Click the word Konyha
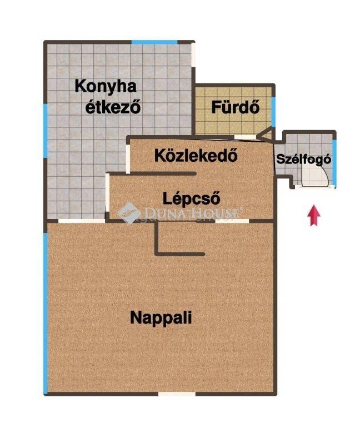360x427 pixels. point(106,86)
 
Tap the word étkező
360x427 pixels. point(113,107)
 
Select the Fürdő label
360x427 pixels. point(236,107)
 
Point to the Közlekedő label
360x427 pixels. point(196,155)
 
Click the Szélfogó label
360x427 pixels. point(304,159)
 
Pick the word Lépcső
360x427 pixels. point(191,198)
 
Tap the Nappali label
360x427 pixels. point(161,317)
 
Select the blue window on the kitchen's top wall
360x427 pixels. point(154,42)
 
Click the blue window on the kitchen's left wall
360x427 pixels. point(45,131)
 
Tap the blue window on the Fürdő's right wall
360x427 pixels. point(273,112)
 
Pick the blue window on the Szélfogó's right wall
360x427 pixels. point(334,162)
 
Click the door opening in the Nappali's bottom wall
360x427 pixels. point(177,394)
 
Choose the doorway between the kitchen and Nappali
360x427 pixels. point(82,221)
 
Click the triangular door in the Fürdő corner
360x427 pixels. point(265,135)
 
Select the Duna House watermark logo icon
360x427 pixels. point(129,213)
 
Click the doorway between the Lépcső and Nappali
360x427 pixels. point(232,221)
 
